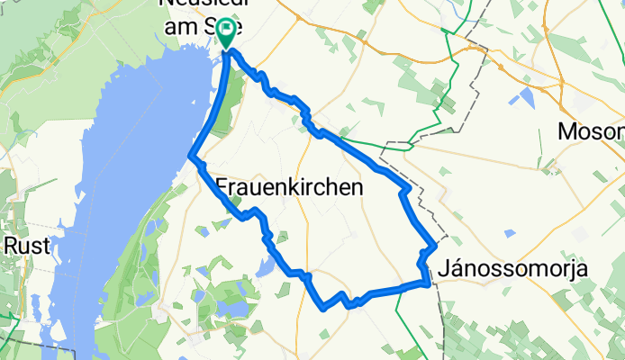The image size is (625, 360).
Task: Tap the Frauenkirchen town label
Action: click(x=289, y=187)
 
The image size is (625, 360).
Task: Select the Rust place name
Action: click(x=22, y=245)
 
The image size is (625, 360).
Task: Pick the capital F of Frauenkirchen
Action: click(x=222, y=187)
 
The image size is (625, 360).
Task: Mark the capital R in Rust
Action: click(x=10, y=245)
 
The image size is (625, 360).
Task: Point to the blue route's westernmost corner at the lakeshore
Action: click(x=191, y=158)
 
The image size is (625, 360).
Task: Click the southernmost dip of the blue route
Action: click(x=323, y=307)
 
